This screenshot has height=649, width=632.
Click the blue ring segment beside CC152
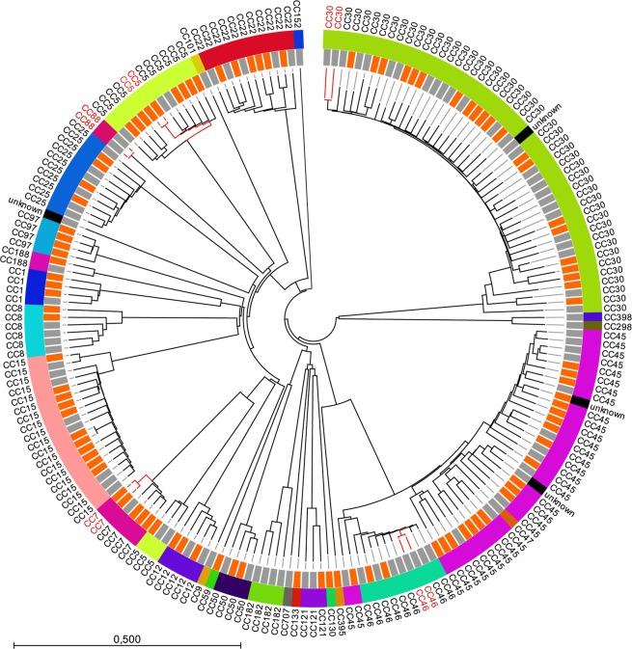(x=299, y=38)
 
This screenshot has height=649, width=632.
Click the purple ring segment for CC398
(x=592, y=316)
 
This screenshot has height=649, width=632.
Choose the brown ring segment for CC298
(x=592, y=327)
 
